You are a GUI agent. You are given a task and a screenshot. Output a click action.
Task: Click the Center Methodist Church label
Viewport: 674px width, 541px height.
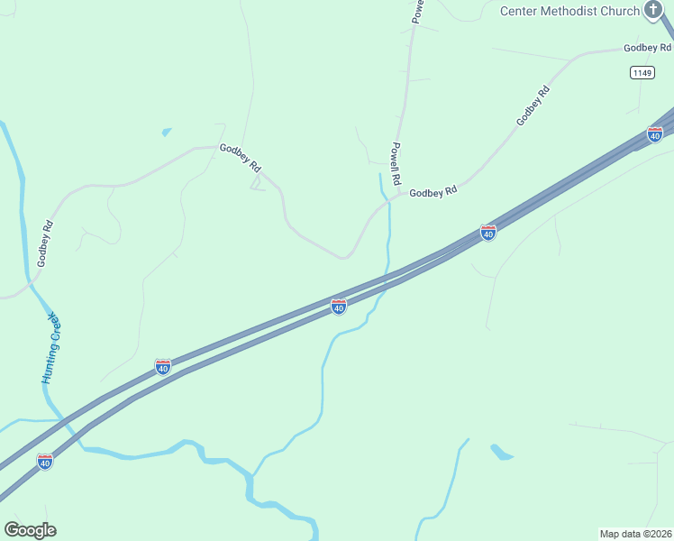(x=569, y=11)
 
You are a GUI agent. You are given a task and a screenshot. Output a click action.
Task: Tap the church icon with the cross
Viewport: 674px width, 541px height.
(x=654, y=10)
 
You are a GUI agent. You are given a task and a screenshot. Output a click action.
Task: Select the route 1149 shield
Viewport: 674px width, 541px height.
(x=642, y=72)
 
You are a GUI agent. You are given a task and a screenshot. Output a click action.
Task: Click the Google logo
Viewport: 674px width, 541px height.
(x=30, y=530)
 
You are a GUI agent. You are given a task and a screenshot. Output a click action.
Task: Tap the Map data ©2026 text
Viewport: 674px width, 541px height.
(x=635, y=533)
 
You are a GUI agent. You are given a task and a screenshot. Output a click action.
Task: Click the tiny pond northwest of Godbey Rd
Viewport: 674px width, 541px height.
(x=167, y=132)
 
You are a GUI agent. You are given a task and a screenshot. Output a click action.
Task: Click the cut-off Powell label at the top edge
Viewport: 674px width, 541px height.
(x=417, y=10)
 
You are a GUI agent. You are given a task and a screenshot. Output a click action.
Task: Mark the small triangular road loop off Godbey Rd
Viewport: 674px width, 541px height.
(x=257, y=184)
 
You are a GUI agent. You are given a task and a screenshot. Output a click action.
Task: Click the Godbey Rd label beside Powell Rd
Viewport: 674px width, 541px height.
(x=433, y=192)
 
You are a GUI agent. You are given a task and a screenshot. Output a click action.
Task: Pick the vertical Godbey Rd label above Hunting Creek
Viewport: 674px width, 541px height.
(x=46, y=243)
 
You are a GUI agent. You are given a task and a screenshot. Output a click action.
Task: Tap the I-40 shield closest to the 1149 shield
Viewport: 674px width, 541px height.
(x=655, y=134)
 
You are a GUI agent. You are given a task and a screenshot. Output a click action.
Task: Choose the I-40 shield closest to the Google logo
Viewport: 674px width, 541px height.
(x=44, y=462)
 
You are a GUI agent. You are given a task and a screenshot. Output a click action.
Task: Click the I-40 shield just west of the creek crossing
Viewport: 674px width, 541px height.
(x=339, y=307)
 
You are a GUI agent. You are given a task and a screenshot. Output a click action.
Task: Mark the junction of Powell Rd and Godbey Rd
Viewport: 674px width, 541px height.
(x=399, y=195)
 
